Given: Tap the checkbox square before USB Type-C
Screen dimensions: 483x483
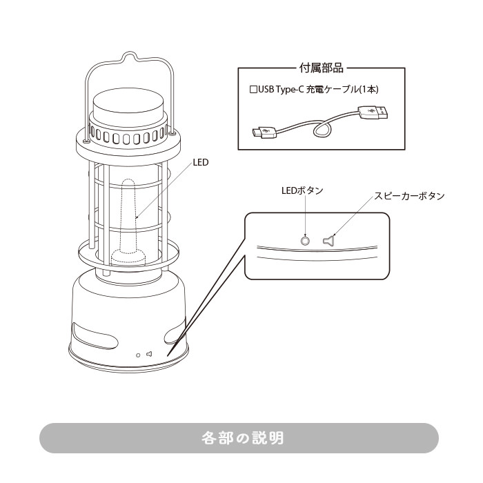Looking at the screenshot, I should [x=253, y=90].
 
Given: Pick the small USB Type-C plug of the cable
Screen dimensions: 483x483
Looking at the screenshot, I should [x=263, y=131].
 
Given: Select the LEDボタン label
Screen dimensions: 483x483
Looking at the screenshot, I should [x=302, y=190].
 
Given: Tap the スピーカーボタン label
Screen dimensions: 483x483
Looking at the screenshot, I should [x=409, y=196].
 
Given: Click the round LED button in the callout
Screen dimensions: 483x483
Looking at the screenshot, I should [x=306, y=241].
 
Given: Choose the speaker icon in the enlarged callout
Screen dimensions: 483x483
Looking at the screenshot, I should [x=328, y=241].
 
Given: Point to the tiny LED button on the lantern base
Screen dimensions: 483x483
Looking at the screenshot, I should [x=138, y=355].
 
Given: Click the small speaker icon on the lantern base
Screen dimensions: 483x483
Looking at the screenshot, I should [x=148, y=355].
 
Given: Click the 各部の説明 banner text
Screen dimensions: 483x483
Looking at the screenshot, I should [x=242, y=437].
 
